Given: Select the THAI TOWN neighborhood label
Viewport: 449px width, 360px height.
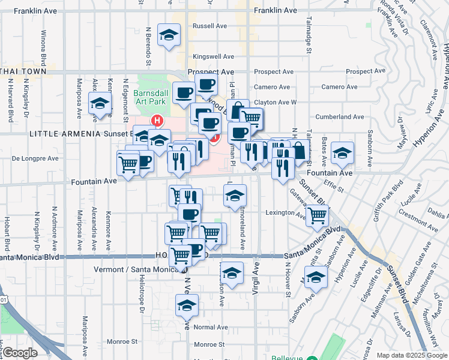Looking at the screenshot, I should point(23,71).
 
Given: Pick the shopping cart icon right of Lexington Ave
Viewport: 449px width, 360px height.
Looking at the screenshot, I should point(317,215).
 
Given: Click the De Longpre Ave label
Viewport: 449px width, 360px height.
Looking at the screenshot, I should point(35,159).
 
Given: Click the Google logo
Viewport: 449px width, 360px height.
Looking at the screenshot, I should point(21,353).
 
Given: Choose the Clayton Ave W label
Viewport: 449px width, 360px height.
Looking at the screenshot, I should point(275,103).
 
